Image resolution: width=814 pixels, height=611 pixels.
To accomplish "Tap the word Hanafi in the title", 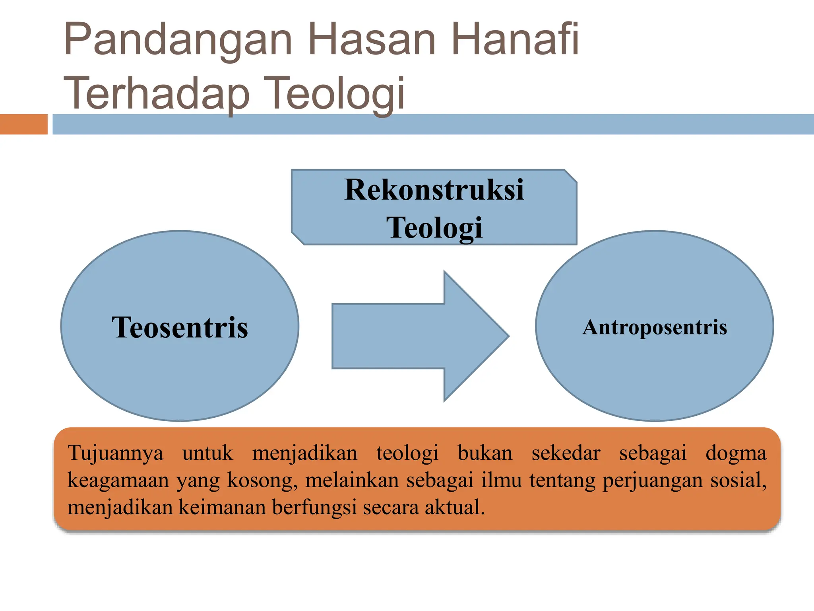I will [x=515, y=39].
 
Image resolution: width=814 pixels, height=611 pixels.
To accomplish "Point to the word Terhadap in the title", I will [x=157, y=94].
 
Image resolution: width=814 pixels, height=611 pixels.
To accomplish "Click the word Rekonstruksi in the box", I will [x=434, y=189].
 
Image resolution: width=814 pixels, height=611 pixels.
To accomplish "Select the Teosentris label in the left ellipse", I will [x=180, y=327].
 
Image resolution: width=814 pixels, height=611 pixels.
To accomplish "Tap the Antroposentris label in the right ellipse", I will [x=655, y=327].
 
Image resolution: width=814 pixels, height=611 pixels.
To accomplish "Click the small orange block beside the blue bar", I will [x=23, y=124].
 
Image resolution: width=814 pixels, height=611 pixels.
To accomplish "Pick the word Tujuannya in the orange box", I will [x=116, y=453].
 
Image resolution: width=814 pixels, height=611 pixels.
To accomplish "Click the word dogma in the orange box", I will [x=736, y=453].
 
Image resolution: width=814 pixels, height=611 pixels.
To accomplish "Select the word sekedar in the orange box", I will [x=566, y=453].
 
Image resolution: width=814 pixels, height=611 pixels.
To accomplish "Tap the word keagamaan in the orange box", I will [x=118, y=481].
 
